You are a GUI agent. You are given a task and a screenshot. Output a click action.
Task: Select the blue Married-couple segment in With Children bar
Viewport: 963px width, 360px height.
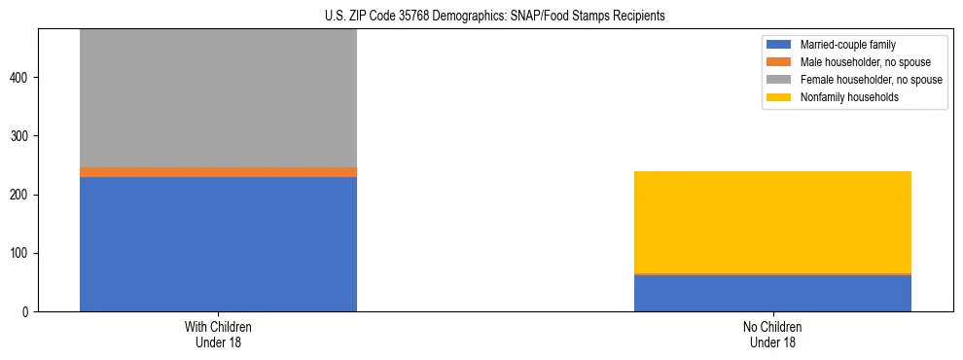[x=218, y=244]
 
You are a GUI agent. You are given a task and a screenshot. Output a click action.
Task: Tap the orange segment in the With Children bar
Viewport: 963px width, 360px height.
[x=218, y=172]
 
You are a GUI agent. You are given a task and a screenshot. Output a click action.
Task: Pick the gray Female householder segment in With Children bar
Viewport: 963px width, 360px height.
[x=218, y=97]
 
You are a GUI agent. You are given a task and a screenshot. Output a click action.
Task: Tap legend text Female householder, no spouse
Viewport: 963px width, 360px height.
[x=871, y=80]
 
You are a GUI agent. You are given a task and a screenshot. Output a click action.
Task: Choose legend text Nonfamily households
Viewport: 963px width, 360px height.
[x=843, y=97]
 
